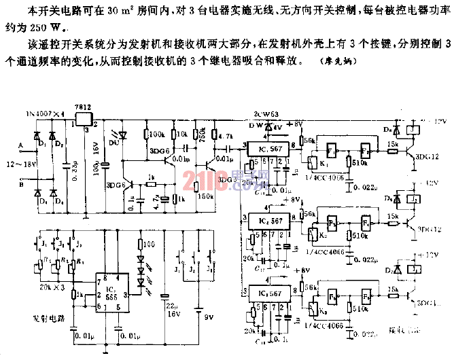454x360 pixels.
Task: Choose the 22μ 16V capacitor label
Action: click(x=173, y=310)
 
